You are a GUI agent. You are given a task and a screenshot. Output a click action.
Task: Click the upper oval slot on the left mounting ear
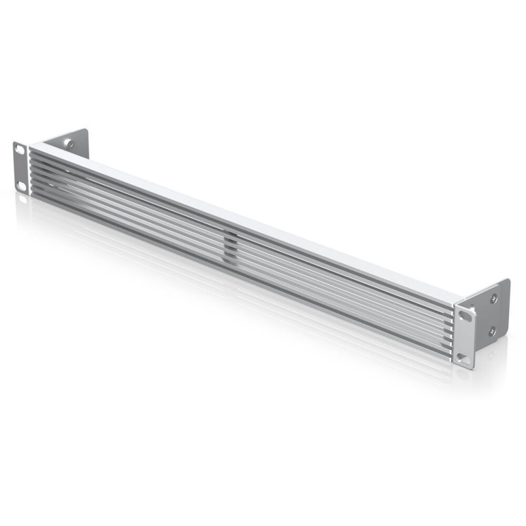(x=20, y=150)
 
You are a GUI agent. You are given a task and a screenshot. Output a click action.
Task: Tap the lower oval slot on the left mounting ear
(x=22, y=185)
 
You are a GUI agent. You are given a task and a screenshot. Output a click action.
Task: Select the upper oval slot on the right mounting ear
(x=466, y=315)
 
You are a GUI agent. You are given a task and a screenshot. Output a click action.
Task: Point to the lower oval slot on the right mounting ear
(x=463, y=358)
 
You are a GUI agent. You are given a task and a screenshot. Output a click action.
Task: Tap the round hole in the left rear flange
(x=68, y=143)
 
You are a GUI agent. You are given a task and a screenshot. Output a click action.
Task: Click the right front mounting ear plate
(x=465, y=337)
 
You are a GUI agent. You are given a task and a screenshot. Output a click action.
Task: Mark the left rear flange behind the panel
(x=71, y=142)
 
